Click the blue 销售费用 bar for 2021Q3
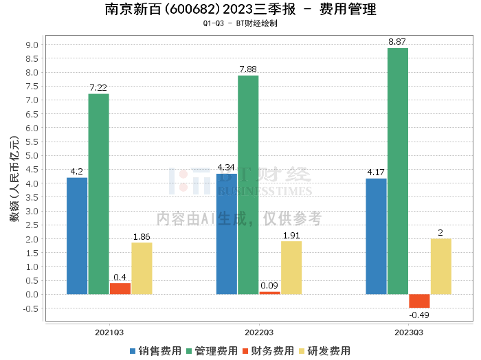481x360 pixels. click(77, 236)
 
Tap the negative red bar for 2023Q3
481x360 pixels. click(419, 301)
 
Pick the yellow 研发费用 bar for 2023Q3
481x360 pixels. click(440, 267)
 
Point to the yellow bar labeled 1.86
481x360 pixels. click(142, 268)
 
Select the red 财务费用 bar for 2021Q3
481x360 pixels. click(120, 289)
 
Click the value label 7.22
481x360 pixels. click(98, 88)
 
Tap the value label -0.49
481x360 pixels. click(419, 315)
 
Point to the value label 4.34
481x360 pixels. click(226, 168)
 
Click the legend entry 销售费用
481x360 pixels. click(156, 350)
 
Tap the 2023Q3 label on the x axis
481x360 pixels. click(408, 333)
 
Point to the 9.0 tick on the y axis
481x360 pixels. click(32, 45)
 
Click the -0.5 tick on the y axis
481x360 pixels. click(31, 308)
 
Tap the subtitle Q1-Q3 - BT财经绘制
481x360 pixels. click(240, 23)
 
